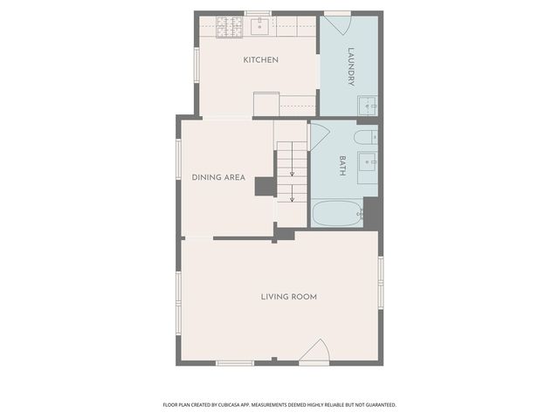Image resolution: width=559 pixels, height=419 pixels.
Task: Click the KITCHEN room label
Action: click(260, 59)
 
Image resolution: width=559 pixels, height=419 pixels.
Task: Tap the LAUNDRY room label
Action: click(351, 66)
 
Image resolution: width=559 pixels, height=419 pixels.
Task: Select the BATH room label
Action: click(342, 166)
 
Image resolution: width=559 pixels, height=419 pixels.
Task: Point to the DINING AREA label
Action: click(217, 177)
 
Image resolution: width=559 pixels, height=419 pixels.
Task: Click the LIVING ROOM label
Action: click(288, 297)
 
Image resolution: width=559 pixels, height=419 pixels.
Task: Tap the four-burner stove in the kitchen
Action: click(230, 27)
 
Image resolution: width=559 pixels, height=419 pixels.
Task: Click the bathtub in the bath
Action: click(336, 214)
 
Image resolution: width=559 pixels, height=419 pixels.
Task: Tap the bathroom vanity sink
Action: click(368, 163)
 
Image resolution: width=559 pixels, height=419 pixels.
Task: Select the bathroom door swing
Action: click(318, 134)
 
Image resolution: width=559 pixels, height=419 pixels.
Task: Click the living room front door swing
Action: click(314, 352)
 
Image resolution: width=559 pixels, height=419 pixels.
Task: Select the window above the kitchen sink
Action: click(258, 13)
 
